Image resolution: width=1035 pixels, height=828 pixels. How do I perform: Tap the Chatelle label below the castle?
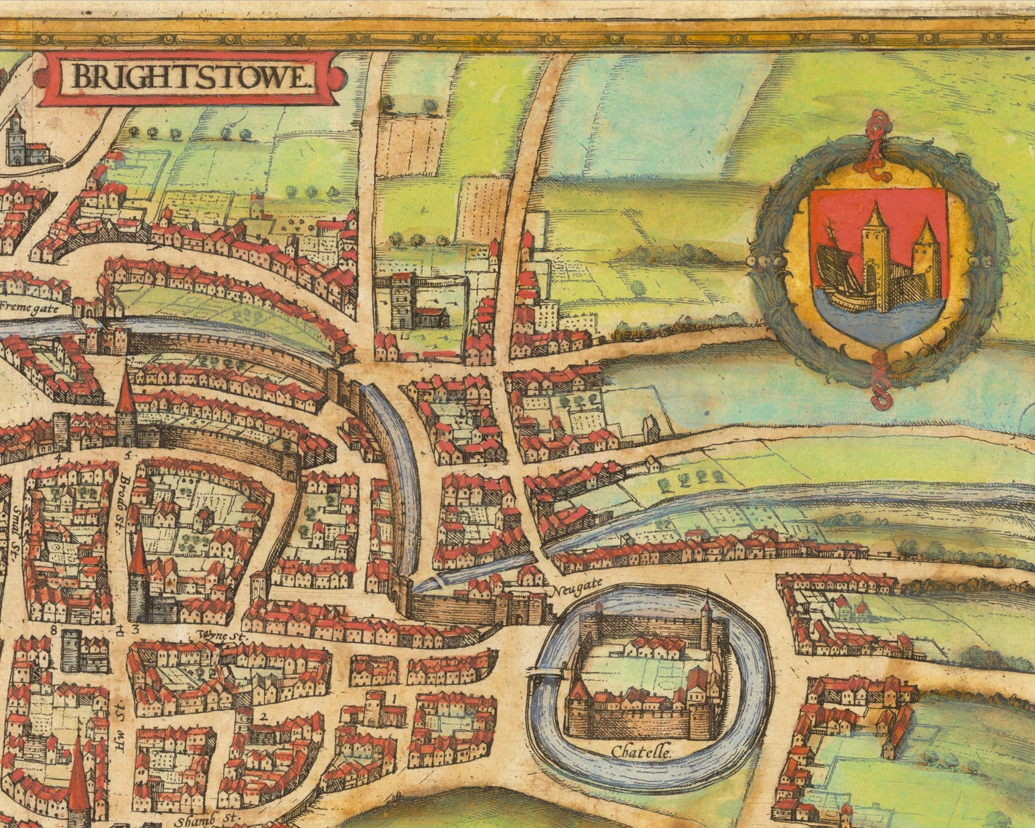point(642,753)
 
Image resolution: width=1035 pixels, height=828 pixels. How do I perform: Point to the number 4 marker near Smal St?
point(56,457)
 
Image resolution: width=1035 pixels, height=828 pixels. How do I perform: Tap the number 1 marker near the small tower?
point(393,698)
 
